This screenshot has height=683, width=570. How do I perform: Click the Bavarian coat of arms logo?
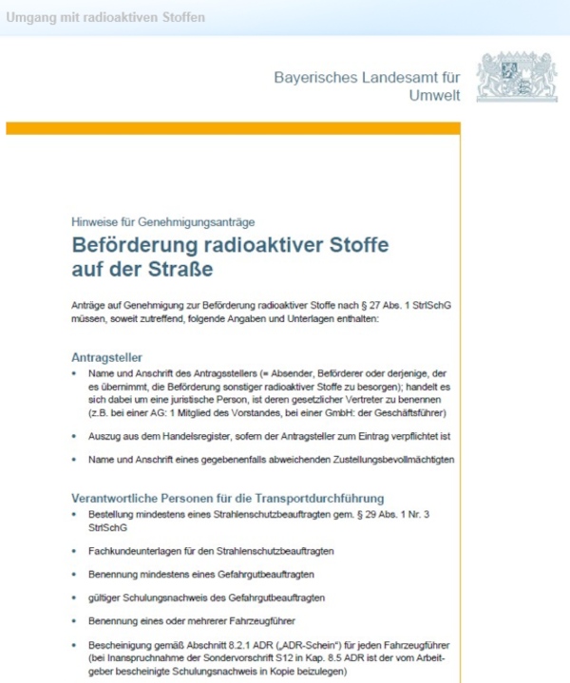tap(517, 77)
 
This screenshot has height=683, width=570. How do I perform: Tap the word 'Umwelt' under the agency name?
tap(434, 95)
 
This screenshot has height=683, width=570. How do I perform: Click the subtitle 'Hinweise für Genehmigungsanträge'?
tap(163, 221)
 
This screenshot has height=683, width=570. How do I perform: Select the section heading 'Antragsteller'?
tap(107, 358)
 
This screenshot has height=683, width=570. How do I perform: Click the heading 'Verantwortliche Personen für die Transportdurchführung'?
tap(227, 497)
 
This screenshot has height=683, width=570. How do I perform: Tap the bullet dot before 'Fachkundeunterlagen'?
tap(76, 552)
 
